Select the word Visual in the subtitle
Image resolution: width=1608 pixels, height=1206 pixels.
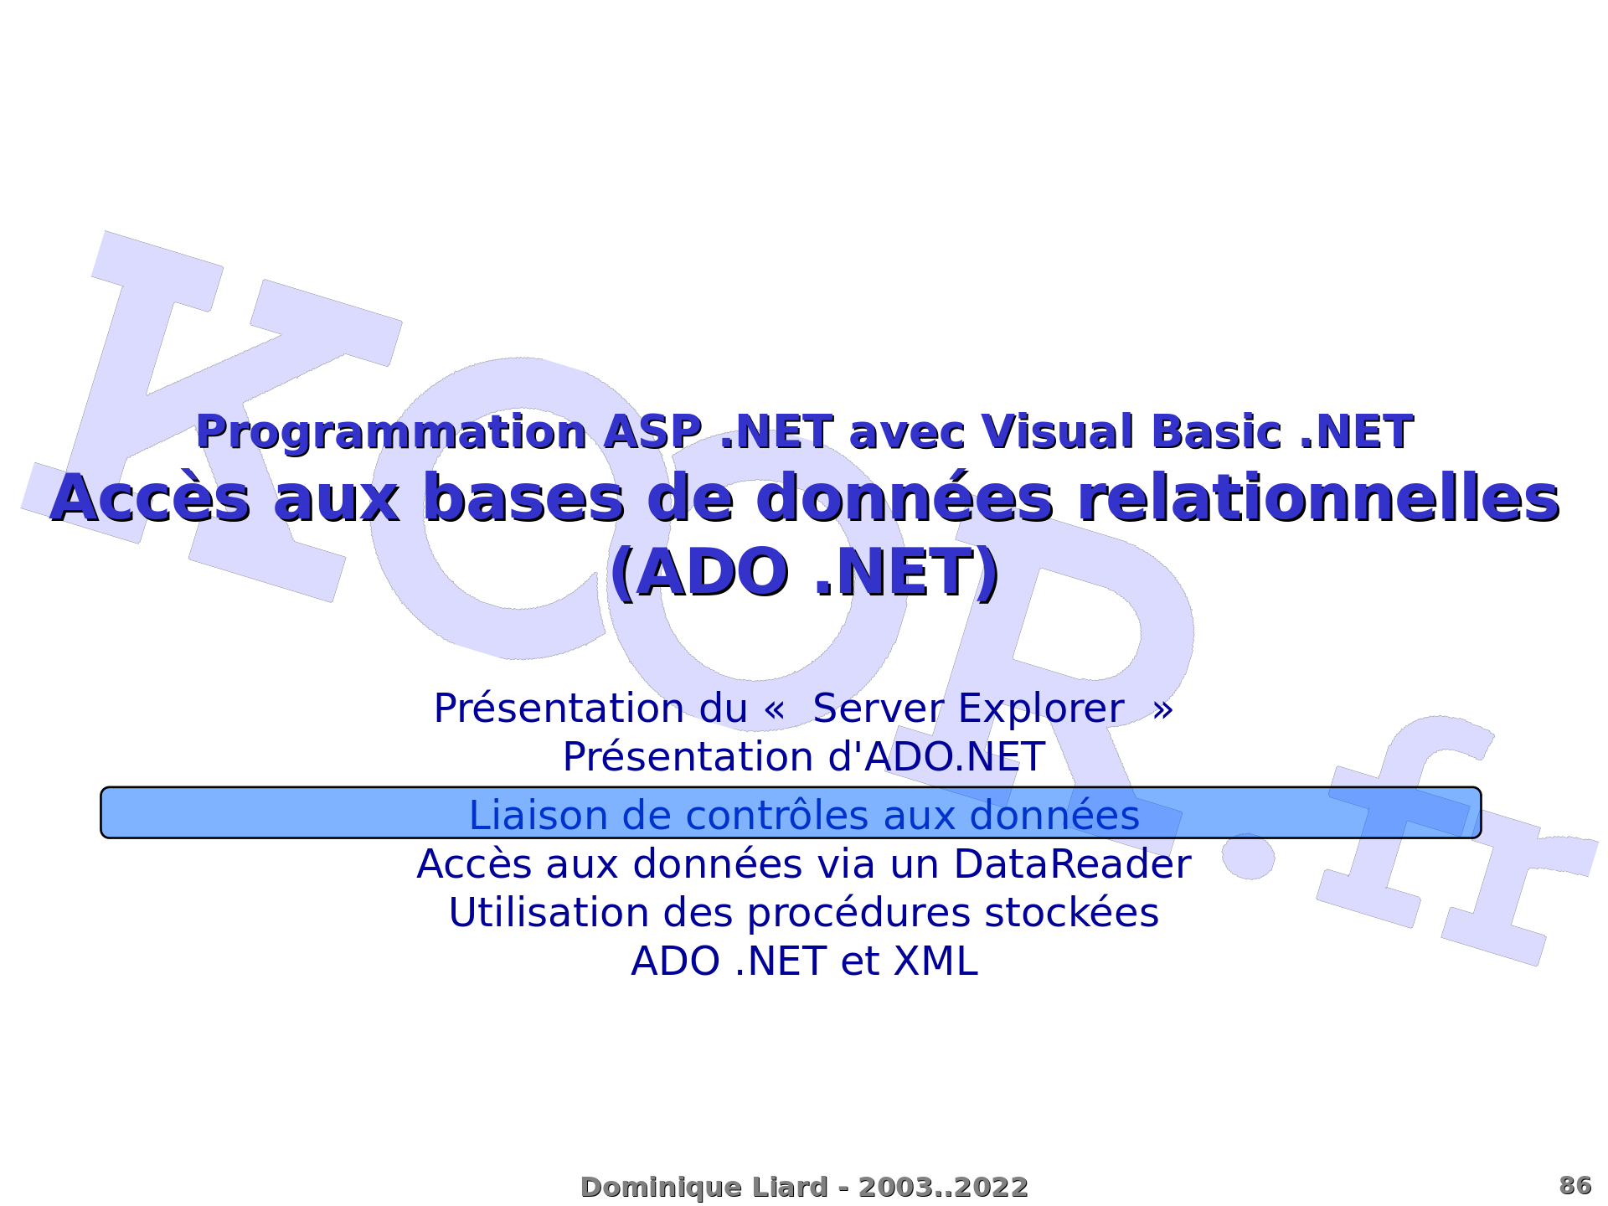click(1058, 432)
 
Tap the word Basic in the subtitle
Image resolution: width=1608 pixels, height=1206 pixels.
click(1217, 432)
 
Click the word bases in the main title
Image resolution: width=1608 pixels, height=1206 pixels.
click(524, 497)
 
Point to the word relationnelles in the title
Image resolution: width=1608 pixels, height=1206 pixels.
click(1318, 497)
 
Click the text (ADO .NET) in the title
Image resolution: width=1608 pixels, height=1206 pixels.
click(804, 574)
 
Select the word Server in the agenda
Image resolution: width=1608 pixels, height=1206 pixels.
click(879, 709)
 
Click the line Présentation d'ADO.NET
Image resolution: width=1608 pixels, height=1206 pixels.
click(804, 757)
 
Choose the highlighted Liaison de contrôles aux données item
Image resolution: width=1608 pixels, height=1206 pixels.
click(791, 812)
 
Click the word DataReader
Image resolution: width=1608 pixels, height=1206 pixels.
click(1072, 864)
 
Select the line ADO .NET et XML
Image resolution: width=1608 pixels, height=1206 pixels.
click(804, 961)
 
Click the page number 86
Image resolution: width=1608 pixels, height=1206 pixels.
click(1575, 1186)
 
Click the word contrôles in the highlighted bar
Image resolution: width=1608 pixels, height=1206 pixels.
click(776, 816)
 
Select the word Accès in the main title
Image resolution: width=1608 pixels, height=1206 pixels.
click(150, 497)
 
